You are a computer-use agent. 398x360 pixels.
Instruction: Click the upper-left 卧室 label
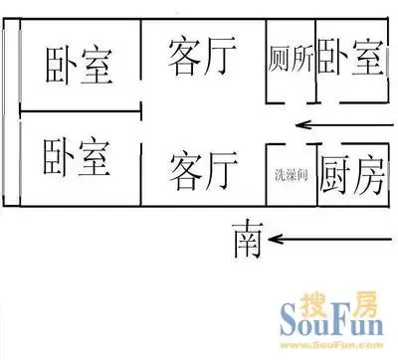click(x=79, y=66)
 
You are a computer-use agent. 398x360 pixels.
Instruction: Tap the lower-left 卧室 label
click(x=77, y=157)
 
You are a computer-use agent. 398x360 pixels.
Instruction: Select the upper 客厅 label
click(x=203, y=57)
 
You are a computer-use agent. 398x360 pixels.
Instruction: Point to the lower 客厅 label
click(x=204, y=170)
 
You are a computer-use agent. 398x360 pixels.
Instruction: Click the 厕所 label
click(x=291, y=60)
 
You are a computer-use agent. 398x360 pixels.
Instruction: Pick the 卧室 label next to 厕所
click(x=351, y=57)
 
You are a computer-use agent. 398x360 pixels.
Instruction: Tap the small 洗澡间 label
click(x=292, y=175)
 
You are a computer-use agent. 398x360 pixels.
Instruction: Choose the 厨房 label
click(x=352, y=175)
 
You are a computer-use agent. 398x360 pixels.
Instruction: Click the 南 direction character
click(x=248, y=239)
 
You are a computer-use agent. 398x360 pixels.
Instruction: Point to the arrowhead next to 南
click(x=276, y=239)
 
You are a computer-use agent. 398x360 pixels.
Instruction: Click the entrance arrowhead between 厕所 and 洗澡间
click(x=302, y=125)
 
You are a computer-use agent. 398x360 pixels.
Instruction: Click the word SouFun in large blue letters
click(x=331, y=321)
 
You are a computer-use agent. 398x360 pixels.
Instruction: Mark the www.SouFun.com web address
click(x=331, y=345)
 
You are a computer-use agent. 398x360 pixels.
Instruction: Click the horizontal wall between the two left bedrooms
click(x=81, y=111)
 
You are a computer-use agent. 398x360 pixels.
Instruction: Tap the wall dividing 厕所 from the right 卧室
click(x=315, y=61)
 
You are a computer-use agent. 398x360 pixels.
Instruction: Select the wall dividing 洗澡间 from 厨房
click(x=316, y=175)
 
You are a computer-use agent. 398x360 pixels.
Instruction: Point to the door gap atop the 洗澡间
click(x=297, y=144)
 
